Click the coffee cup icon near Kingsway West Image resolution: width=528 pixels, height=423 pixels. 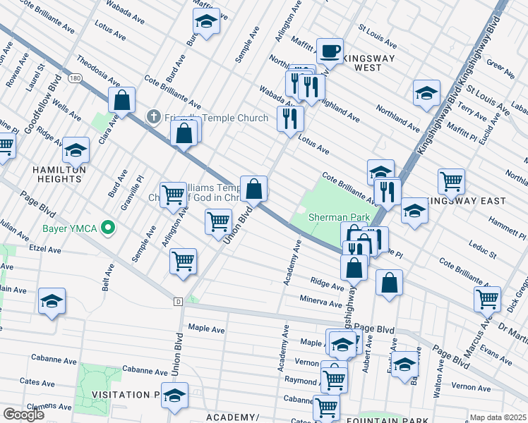click(x=330, y=51)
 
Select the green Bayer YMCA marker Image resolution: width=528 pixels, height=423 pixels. click(x=108, y=227)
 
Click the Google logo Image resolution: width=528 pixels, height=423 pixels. click(x=24, y=415)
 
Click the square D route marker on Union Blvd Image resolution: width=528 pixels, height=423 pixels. click(x=178, y=302)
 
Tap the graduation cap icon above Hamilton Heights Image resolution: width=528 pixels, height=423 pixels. click(x=76, y=150)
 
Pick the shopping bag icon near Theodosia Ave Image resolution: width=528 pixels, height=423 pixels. click(x=122, y=101)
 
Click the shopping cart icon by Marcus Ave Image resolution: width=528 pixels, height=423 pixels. click(x=487, y=299)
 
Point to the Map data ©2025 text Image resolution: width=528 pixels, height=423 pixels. click(x=498, y=417)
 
